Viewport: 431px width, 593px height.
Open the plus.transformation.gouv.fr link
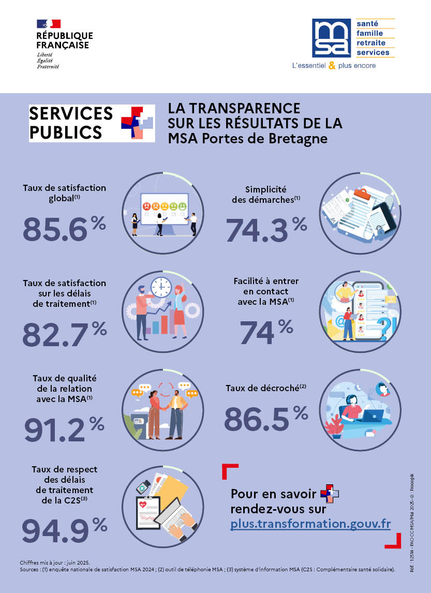310,523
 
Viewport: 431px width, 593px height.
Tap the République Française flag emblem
49,24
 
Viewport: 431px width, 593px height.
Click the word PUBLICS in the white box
66,131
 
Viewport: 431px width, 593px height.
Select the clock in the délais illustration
161,286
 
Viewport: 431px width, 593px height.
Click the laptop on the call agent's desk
373,415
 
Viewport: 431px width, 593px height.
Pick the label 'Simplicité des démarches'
266,195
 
